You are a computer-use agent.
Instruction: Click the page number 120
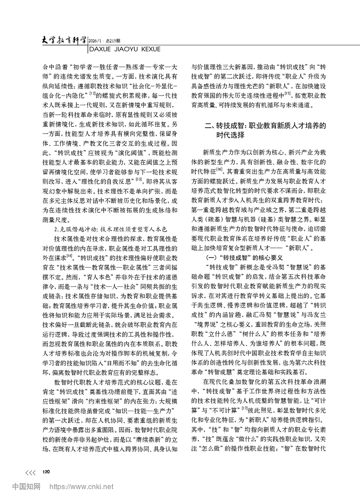coord(47,472)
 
